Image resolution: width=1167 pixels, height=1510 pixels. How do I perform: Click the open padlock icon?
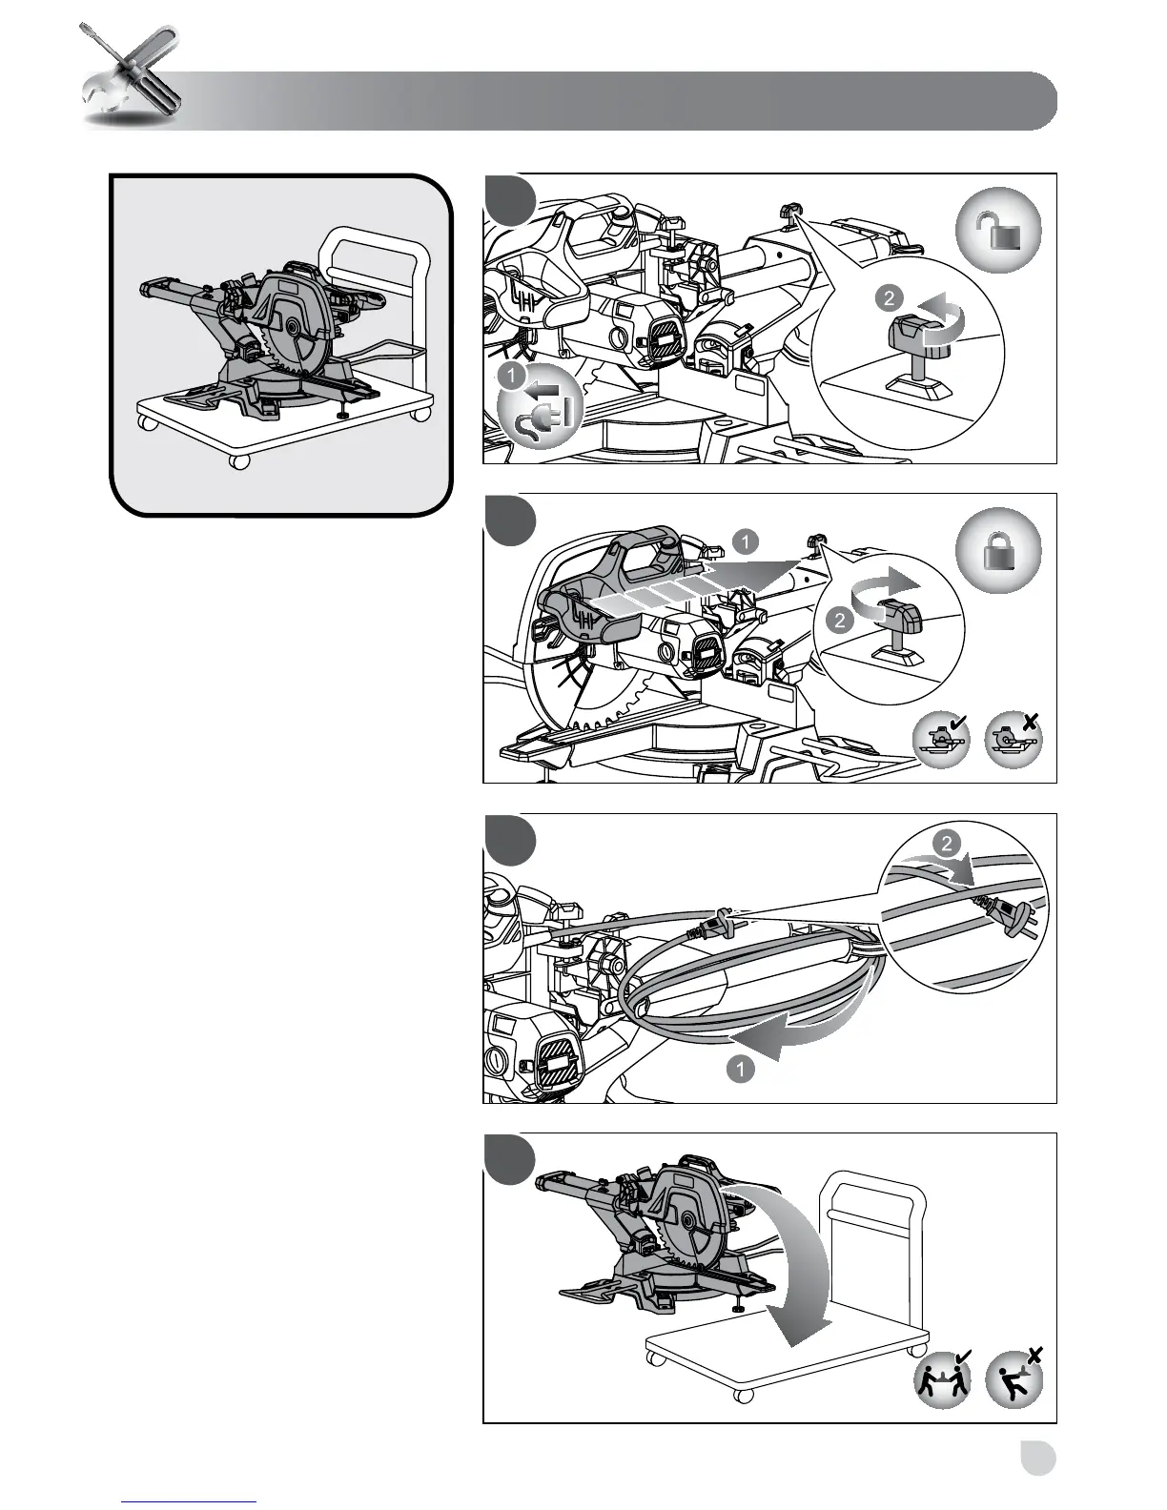(x=997, y=231)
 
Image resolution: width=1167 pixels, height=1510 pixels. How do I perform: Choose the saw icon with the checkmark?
(x=941, y=741)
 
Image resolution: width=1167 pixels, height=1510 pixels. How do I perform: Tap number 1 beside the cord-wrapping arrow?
(x=740, y=1069)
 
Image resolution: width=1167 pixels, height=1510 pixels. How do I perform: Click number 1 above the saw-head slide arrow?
(x=745, y=542)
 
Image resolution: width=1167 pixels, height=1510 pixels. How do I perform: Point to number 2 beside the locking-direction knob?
(x=840, y=620)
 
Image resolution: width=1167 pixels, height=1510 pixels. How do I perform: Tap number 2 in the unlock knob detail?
(x=890, y=298)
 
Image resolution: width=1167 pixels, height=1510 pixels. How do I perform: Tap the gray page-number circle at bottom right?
(x=1035, y=1458)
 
